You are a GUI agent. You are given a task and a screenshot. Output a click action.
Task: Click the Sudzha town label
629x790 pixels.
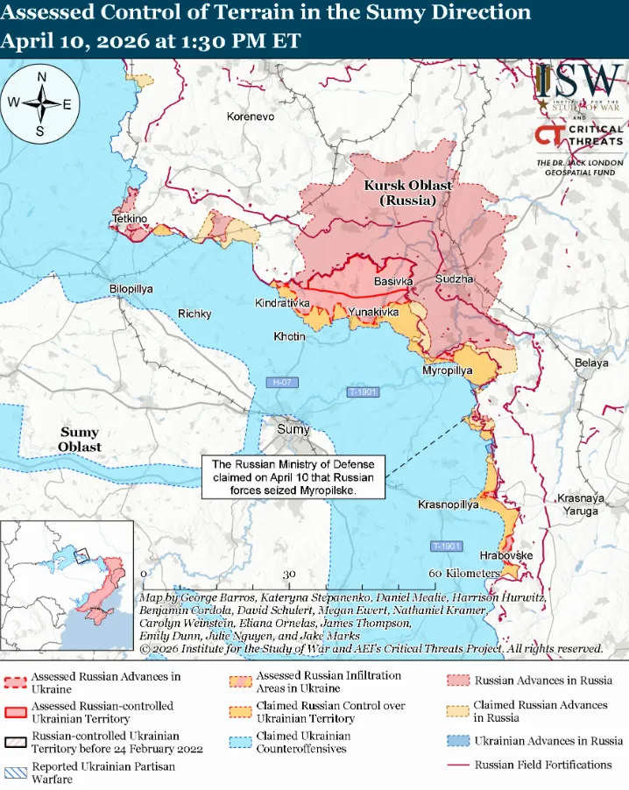point(454,279)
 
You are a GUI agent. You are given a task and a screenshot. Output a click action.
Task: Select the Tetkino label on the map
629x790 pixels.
point(130,218)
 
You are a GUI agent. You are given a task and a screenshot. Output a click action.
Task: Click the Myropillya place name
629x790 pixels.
point(447,371)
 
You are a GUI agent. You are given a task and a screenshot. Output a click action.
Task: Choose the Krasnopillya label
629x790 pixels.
point(448,506)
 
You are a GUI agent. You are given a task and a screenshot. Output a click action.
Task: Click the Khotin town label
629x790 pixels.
point(289,336)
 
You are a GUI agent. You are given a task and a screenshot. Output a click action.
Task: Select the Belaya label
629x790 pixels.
point(591,363)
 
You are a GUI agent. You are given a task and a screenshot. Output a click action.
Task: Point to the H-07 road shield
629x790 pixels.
point(281,382)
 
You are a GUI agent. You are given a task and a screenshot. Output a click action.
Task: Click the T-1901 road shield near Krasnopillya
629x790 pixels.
point(446,547)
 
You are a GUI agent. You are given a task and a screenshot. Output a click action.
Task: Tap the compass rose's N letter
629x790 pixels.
point(41,77)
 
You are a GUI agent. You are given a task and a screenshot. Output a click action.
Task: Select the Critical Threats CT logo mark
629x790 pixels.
point(549,137)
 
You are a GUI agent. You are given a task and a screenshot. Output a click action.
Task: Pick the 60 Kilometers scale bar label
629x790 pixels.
point(463,573)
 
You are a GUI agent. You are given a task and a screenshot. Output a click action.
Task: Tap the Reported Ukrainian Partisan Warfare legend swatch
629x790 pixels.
point(14,772)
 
